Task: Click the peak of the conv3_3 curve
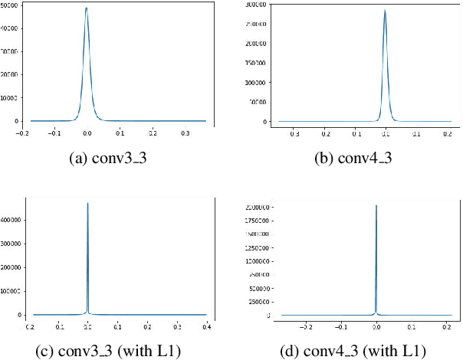86,8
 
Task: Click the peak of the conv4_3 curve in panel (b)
385,11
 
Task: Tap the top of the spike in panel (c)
88,203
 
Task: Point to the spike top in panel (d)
376,205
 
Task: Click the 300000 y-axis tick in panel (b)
257,5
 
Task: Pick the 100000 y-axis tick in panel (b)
257,83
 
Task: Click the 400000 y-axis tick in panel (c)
12,220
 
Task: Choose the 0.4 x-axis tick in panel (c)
207,325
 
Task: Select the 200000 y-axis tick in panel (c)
12,267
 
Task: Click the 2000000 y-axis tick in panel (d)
255,208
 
